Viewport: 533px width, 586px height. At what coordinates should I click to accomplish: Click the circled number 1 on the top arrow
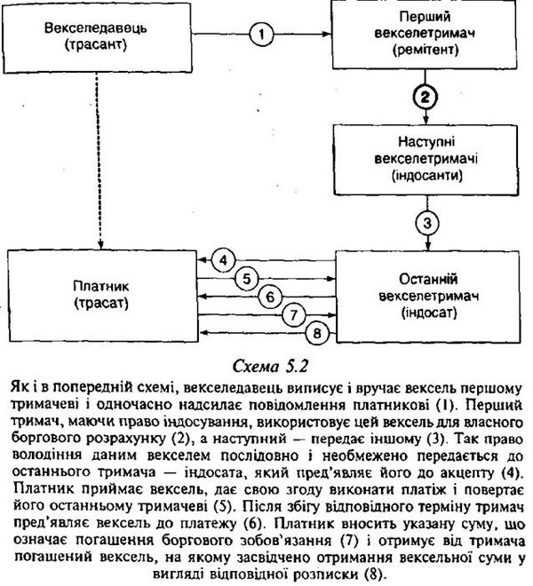click(x=261, y=35)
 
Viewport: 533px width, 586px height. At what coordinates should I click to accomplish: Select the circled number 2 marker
click(x=426, y=97)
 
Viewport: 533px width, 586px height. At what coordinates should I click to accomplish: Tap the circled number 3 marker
click(x=427, y=224)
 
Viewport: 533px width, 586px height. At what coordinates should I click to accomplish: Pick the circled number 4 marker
click(x=223, y=260)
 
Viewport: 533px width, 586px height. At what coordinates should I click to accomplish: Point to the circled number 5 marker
click(x=247, y=279)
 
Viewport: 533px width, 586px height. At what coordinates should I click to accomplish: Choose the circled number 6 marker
click(x=270, y=297)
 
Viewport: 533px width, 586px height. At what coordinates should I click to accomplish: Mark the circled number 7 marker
click(x=294, y=315)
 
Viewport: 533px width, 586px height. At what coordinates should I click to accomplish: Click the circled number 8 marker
click(x=317, y=333)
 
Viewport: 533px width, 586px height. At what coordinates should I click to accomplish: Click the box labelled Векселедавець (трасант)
click(x=97, y=37)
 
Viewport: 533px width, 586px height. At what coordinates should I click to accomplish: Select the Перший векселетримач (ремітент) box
click(x=425, y=35)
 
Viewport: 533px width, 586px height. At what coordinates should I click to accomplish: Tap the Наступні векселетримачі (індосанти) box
click(x=426, y=160)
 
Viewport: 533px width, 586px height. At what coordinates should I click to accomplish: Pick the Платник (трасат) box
click(x=103, y=296)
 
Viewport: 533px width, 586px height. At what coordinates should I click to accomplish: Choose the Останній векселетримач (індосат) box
click(x=428, y=297)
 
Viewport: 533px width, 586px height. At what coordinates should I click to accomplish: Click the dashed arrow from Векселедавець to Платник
click(x=98, y=161)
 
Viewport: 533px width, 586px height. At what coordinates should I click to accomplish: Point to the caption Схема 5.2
click(x=270, y=366)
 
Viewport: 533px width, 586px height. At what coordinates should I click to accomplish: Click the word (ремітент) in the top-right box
click(x=426, y=50)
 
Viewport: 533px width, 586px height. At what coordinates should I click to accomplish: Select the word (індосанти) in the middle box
click(x=426, y=175)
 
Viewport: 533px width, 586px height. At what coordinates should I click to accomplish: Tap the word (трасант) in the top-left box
click(x=96, y=45)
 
